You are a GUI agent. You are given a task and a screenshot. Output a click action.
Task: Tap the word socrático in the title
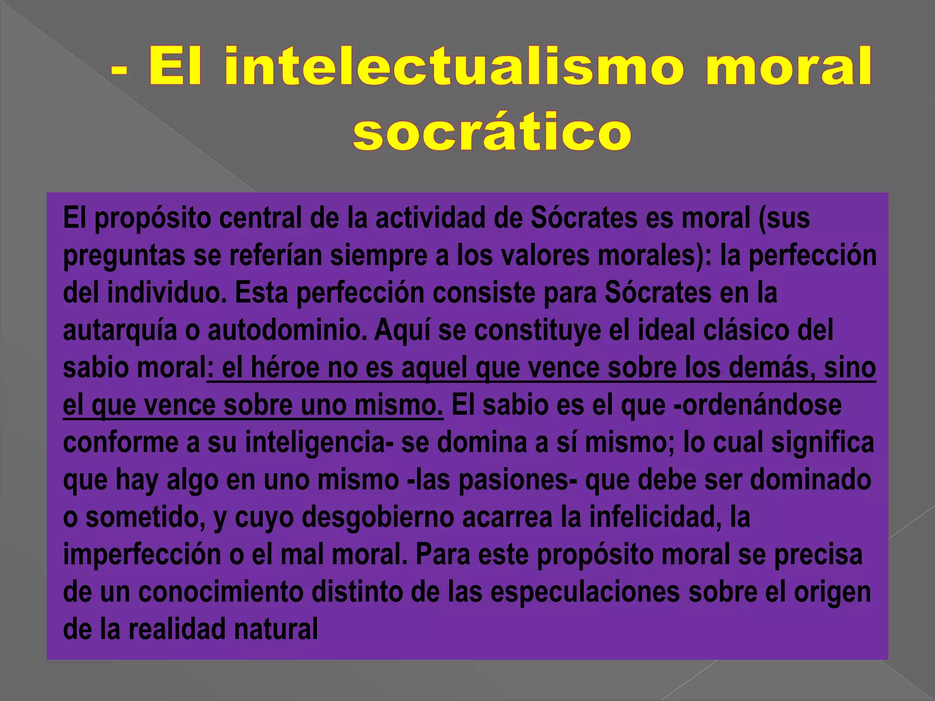[492, 132]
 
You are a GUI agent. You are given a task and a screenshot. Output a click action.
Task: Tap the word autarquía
[120, 331]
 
